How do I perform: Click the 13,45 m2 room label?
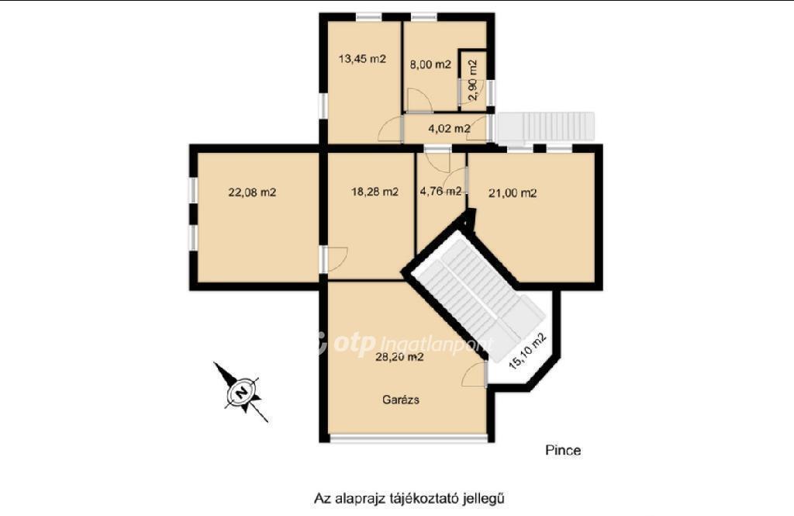tap(362, 59)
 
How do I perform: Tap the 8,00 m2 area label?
tap(430, 64)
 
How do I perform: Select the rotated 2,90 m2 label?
tap(472, 80)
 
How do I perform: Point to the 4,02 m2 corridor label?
tap(449, 128)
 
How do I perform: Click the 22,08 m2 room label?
tap(252, 192)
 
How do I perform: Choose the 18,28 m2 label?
tap(375, 192)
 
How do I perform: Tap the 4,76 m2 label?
tap(440, 191)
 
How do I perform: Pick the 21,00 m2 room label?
tap(513, 192)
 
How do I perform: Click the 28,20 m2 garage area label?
tap(399, 357)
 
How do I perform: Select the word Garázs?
tap(401, 400)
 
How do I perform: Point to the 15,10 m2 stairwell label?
tap(528, 351)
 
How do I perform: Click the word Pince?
tap(563, 450)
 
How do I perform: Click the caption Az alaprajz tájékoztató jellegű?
tap(409, 498)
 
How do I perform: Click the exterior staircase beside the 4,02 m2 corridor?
tap(545, 126)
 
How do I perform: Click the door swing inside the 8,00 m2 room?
tap(419, 100)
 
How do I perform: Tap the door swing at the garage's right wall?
tap(475, 375)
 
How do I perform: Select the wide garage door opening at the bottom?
tap(408, 438)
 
